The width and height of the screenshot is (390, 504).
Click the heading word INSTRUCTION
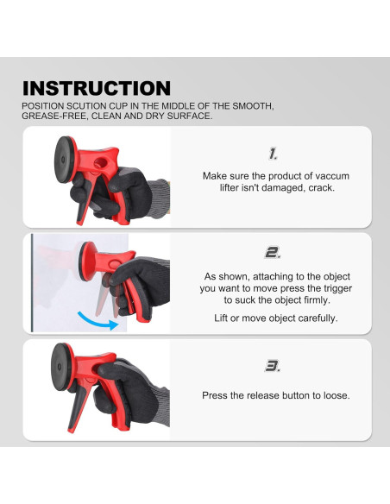pyautogui.click(x=97, y=88)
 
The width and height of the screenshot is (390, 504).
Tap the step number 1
pyautogui.click(x=273, y=154)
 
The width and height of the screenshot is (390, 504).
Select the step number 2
pyautogui.click(x=273, y=253)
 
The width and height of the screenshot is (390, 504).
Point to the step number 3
pyautogui.click(x=273, y=366)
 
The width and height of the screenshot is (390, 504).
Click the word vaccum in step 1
pyautogui.click(x=332, y=176)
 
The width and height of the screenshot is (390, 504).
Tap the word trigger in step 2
pyautogui.click(x=337, y=288)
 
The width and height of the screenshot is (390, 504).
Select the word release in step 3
pyautogui.click(x=263, y=395)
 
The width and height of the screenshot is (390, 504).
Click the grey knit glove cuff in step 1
pyautogui.click(x=160, y=198)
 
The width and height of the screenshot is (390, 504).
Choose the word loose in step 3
pyautogui.click(x=337, y=395)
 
